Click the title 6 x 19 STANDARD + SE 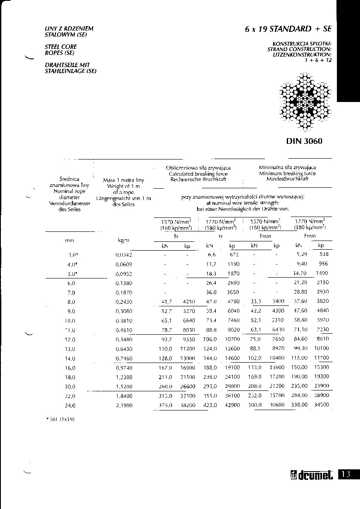[x=288, y=29]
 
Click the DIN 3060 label [x=304, y=141]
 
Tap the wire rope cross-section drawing [x=304, y=102]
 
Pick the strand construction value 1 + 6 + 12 [x=319, y=60]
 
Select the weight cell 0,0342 [x=124, y=254]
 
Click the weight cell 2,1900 [x=124, y=405]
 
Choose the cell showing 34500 [x=322, y=405]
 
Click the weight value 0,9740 [x=124, y=367]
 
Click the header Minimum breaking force [x=287, y=173]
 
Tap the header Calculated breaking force [x=198, y=173]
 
